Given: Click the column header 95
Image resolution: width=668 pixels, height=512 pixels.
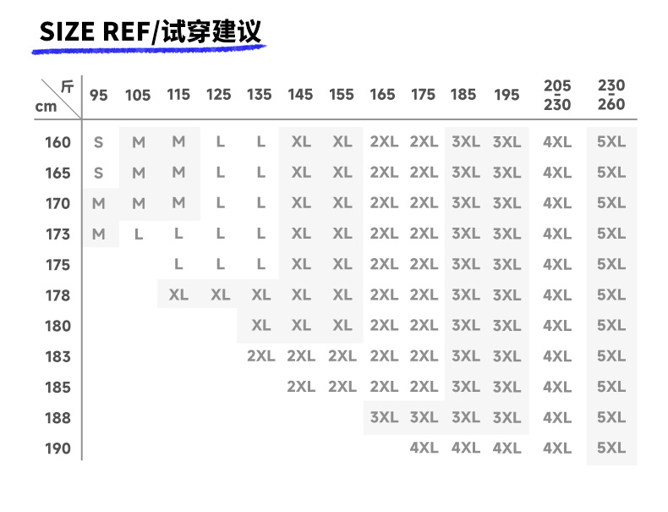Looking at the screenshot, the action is [99, 95].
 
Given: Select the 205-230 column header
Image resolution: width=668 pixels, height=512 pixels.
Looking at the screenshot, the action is [557, 95].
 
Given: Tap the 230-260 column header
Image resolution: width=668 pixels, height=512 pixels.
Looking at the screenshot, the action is [611, 95].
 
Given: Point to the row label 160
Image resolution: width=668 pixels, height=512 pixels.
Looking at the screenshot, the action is [57, 142].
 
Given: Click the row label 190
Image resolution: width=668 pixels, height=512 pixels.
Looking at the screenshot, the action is [57, 449].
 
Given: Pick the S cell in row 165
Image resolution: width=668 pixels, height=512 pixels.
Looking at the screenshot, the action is [99, 173].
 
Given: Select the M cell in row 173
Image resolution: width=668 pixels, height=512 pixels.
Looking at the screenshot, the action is [99, 234].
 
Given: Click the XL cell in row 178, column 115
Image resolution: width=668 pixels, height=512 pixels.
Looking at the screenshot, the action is [178, 295].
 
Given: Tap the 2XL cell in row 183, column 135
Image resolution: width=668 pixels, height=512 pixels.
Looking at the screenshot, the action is [260, 356].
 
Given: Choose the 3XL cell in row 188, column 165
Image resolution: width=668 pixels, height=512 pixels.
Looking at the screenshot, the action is [384, 417].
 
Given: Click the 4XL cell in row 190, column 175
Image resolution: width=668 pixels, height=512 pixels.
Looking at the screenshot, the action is [424, 449].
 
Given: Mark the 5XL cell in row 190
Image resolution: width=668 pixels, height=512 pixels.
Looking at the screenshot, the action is [611, 449].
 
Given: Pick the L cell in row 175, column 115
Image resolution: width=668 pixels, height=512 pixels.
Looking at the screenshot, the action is [178, 265].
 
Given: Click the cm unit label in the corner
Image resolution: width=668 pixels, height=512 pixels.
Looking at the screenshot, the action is [47, 107].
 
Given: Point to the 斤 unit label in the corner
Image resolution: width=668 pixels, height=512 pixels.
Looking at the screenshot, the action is [67, 86].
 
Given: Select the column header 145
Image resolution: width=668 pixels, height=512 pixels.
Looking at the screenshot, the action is [300, 95].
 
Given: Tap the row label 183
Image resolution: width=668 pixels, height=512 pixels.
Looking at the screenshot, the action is [57, 356].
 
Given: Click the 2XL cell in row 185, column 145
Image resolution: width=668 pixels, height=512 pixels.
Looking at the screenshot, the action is [300, 387].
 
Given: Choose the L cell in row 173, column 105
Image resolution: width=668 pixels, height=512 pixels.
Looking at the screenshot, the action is [139, 234].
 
